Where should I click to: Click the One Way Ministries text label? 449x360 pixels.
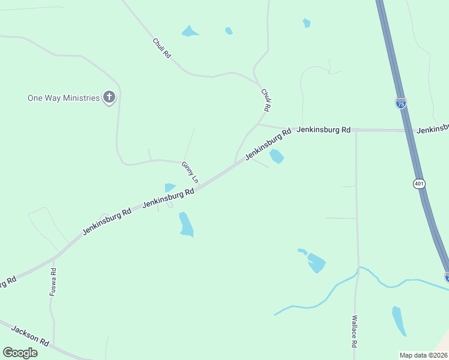63,98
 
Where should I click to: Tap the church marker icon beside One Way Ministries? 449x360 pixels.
109,97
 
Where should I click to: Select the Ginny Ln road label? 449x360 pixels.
190,171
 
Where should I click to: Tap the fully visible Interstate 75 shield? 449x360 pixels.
400,103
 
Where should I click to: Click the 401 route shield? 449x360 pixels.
418,184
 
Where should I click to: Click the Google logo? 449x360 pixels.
20,352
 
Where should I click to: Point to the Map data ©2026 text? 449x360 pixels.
423,355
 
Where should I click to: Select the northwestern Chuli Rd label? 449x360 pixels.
162,48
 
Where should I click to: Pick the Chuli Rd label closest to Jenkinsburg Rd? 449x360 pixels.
266,100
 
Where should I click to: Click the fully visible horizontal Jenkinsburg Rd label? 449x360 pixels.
324,129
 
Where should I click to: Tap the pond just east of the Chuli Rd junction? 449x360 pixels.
277,157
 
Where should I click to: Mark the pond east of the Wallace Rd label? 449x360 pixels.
399,320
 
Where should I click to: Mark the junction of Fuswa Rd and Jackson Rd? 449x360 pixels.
54,346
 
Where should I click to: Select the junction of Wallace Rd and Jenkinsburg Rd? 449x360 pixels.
356,130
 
